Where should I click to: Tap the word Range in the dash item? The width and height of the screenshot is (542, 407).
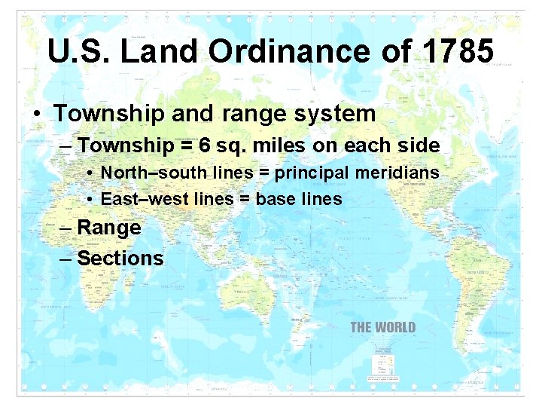[x=109, y=228]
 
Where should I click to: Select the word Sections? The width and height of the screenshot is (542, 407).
[x=120, y=259]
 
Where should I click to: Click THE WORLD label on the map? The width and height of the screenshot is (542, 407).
[x=382, y=327]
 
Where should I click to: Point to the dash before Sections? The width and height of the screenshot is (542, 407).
[x=65, y=259]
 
